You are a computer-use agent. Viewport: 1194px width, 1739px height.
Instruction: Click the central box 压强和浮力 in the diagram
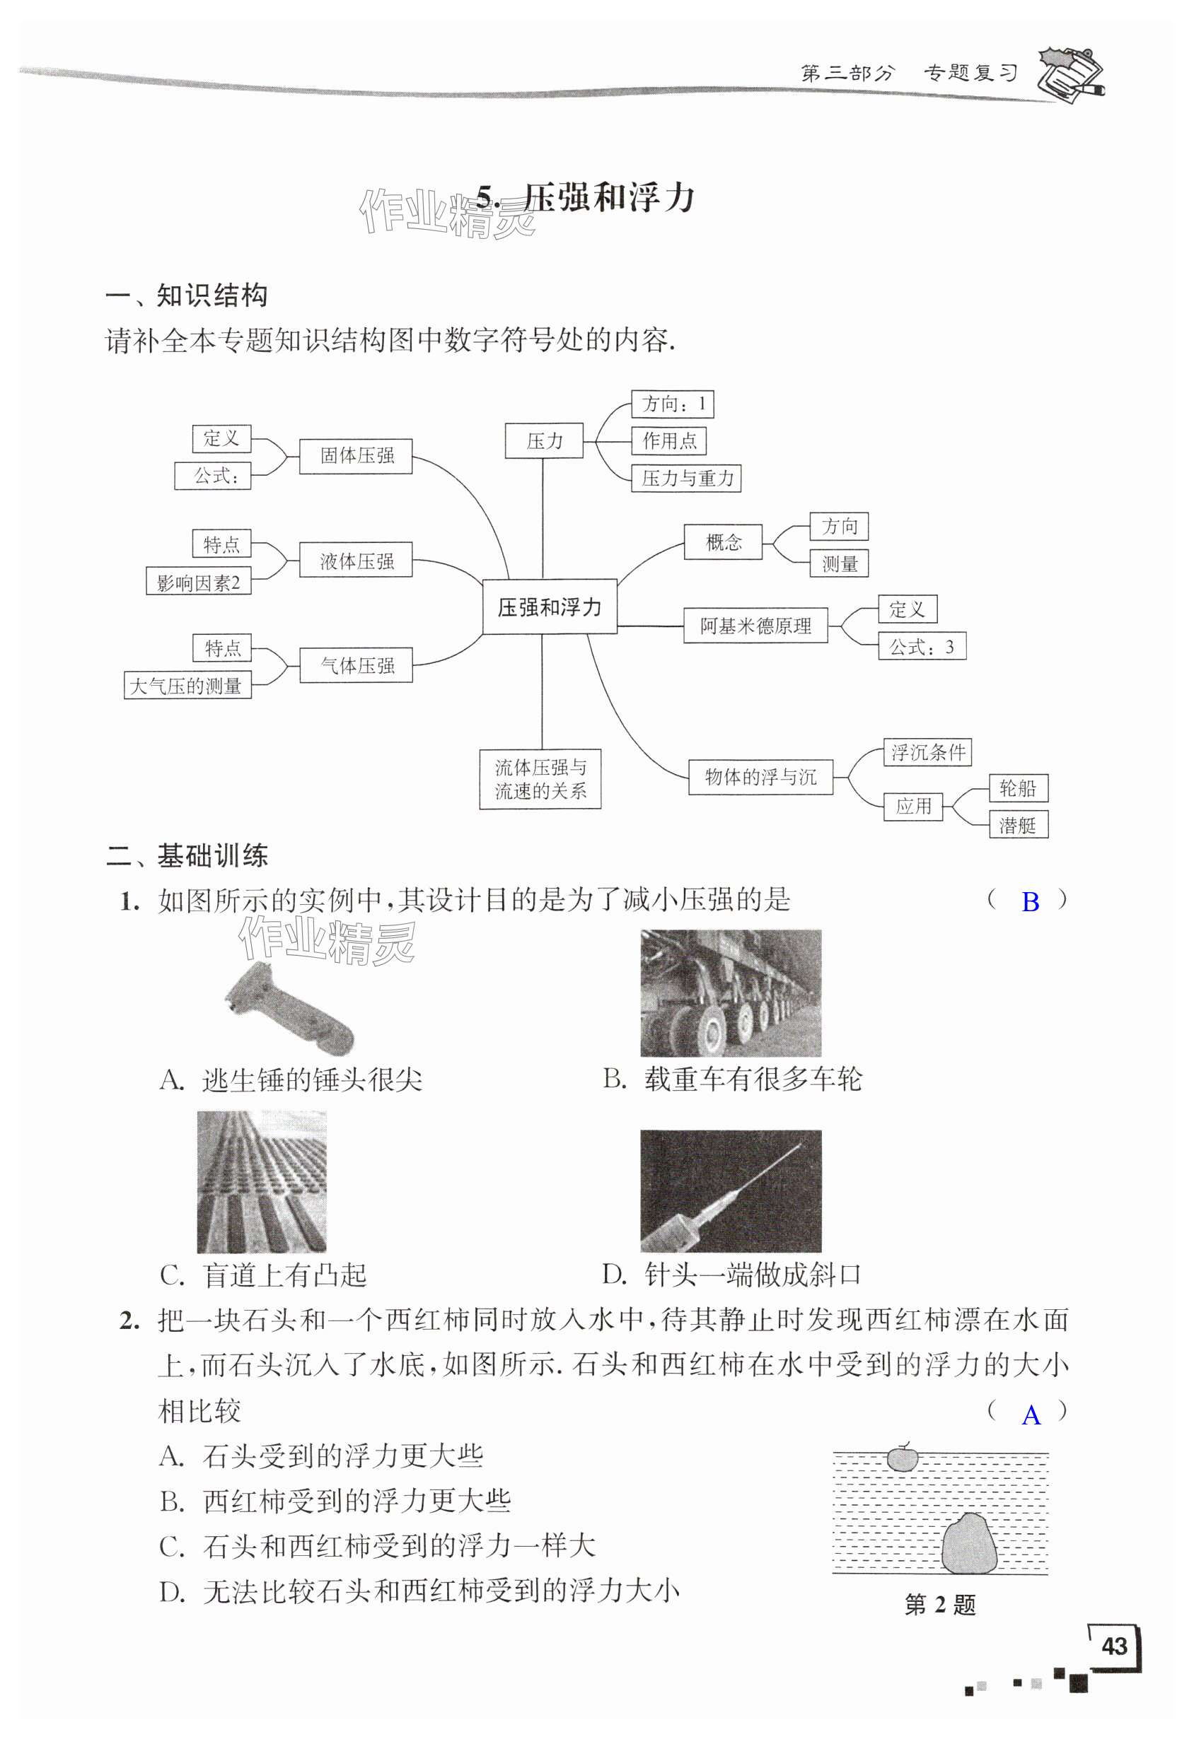[x=550, y=607]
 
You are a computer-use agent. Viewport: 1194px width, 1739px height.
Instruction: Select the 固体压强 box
[x=356, y=456]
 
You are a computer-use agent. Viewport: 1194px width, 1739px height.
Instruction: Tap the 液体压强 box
[x=356, y=561]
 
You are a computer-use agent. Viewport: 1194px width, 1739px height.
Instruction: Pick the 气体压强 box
[x=357, y=665]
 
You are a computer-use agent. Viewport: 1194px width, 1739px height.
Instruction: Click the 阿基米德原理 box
[x=755, y=626]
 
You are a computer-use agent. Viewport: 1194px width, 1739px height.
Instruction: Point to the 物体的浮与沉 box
[x=760, y=777]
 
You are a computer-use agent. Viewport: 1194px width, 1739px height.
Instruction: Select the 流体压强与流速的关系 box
[x=540, y=779]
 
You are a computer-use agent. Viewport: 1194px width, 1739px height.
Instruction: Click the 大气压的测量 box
[x=187, y=686]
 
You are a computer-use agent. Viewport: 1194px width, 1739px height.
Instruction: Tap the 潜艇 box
[x=1018, y=826]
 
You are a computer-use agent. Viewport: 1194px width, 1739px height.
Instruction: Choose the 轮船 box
[x=1018, y=788]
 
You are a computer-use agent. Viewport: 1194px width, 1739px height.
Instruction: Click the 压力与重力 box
[x=686, y=478]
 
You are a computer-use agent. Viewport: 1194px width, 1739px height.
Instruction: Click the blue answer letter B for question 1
[x=1030, y=903]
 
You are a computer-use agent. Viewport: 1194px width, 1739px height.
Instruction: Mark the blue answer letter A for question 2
[x=1031, y=1416]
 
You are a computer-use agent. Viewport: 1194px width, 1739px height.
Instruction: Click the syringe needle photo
[x=731, y=1190]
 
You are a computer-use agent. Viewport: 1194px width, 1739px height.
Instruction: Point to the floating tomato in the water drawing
[x=902, y=1458]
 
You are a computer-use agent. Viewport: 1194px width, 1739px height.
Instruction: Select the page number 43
[x=1114, y=1646]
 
